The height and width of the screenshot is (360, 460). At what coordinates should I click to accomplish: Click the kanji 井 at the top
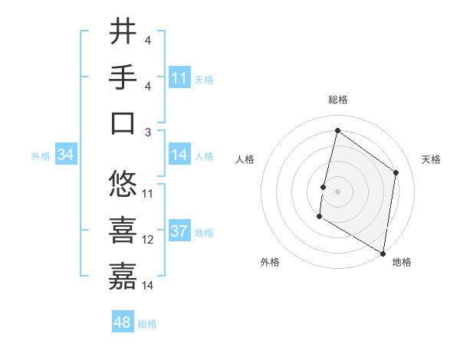(x=123, y=32)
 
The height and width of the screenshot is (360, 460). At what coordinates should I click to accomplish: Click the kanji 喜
(x=123, y=230)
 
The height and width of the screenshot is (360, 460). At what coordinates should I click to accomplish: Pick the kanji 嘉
(x=123, y=276)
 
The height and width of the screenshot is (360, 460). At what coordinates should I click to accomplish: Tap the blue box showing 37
(x=179, y=232)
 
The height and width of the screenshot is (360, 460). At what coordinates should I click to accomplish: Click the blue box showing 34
(x=66, y=155)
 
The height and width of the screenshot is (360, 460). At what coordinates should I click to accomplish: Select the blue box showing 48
(x=123, y=322)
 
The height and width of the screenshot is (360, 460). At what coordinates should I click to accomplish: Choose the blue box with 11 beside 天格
(x=179, y=77)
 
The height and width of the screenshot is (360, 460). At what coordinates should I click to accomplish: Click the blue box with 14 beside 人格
(x=179, y=155)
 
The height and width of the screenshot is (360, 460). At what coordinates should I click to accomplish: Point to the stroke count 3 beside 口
(x=148, y=132)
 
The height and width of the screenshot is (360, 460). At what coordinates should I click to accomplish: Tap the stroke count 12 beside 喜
(x=148, y=239)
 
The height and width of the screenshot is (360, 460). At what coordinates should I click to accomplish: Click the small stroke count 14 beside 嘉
(x=148, y=285)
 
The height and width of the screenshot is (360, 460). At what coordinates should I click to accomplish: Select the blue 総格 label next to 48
(x=147, y=324)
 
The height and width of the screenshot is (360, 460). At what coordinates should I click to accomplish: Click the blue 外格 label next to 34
(x=41, y=156)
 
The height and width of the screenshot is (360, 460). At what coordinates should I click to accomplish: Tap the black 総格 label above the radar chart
(x=337, y=100)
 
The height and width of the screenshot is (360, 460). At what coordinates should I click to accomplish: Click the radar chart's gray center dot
(x=337, y=191)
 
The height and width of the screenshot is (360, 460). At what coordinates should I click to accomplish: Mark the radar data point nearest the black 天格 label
(x=396, y=172)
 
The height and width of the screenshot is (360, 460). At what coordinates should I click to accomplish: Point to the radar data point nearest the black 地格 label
(x=382, y=252)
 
